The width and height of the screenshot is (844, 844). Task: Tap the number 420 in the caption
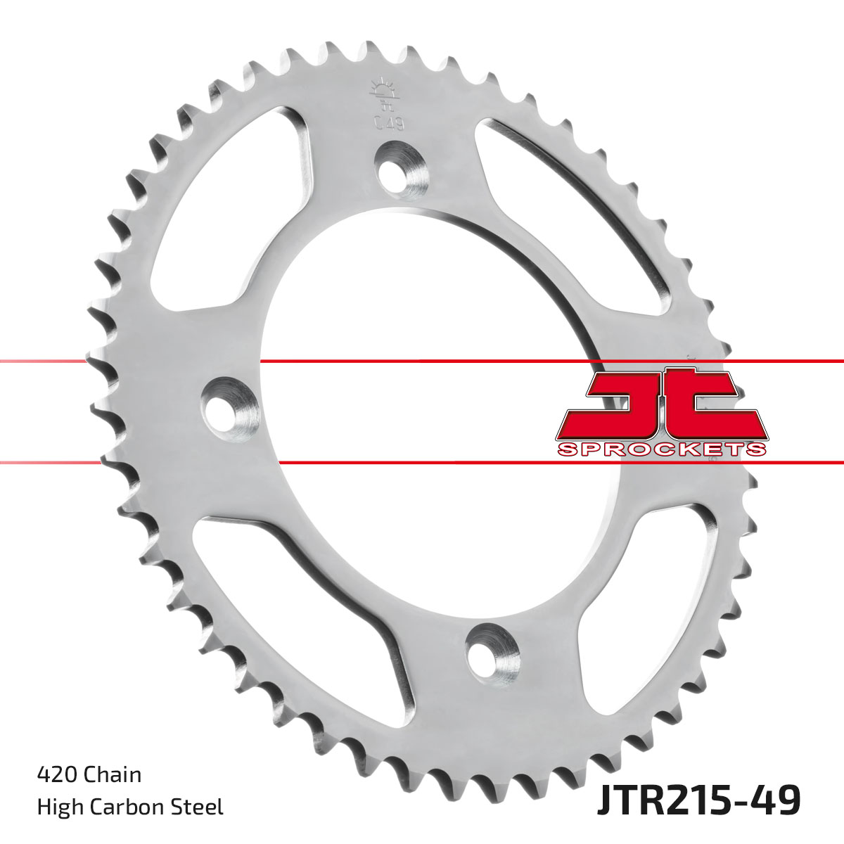[58, 775]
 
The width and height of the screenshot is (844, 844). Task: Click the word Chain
[113, 775]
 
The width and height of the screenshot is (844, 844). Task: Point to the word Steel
[199, 807]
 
